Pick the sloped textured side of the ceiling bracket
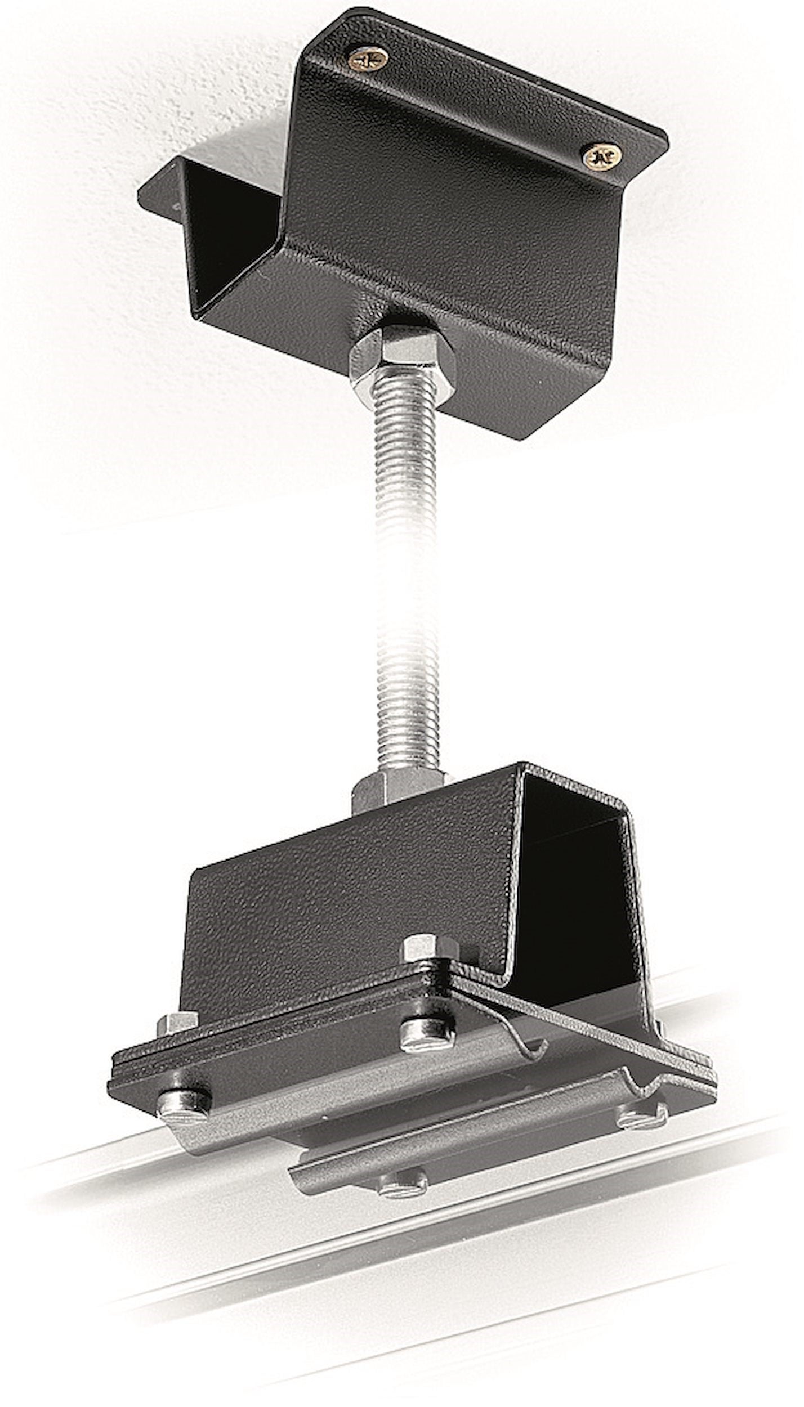coord(450,214)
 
